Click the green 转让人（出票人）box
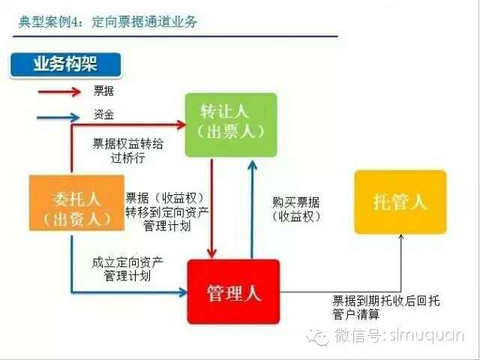pyautogui.click(x=231, y=125)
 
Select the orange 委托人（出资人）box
pyautogui.click(x=76, y=202)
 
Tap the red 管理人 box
pyautogui.click(x=233, y=292)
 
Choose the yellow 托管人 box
pyautogui.click(x=400, y=202)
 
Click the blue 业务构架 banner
pyautogui.click(x=65, y=64)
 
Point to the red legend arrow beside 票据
pyautogui.click(x=59, y=91)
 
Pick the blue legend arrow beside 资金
pyautogui.click(x=58, y=117)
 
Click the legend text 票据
pyautogui.click(x=103, y=91)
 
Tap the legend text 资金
pyautogui.click(x=103, y=115)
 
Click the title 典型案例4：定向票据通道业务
pyautogui.click(x=108, y=22)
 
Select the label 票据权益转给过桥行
pyautogui.click(x=128, y=151)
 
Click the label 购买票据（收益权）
pyautogui.click(x=296, y=209)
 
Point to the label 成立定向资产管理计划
pyautogui.click(x=127, y=269)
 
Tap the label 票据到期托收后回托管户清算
pyautogui.click(x=386, y=307)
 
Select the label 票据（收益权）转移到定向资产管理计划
pyautogui.click(x=167, y=211)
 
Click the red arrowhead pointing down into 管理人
pyautogui.click(x=211, y=253)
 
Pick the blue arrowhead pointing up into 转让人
pyautogui.click(x=252, y=166)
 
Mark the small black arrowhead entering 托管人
pyautogui.click(x=401, y=237)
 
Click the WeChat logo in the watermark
pyautogui.click(x=318, y=337)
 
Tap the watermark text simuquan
pyautogui.click(x=427, y=335)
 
